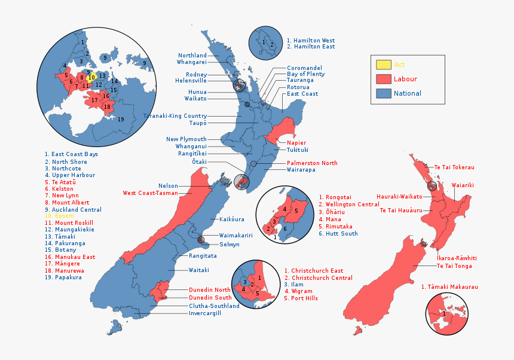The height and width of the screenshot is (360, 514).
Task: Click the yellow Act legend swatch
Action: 384,65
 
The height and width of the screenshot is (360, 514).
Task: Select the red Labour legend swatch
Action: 384,79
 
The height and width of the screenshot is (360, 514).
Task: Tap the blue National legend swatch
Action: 384,93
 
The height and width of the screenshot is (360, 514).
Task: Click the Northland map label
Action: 192,56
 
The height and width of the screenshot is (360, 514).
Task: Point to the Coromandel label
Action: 304,68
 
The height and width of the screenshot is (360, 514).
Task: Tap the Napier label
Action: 296,143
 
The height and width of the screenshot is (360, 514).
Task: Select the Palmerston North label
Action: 312,163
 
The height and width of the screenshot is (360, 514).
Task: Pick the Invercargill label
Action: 205,313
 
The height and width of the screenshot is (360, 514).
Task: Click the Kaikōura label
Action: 231,219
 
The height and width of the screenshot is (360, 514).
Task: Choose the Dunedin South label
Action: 210,298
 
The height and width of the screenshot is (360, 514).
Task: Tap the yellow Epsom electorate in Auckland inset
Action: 91,77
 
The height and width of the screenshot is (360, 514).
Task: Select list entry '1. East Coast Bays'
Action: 71,154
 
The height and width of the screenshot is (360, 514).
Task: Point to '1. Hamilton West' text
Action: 310,41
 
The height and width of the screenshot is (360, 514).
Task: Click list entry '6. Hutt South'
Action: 338,234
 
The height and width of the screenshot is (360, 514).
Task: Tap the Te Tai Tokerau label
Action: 454,167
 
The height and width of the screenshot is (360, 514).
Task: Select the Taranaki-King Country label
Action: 175,116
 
